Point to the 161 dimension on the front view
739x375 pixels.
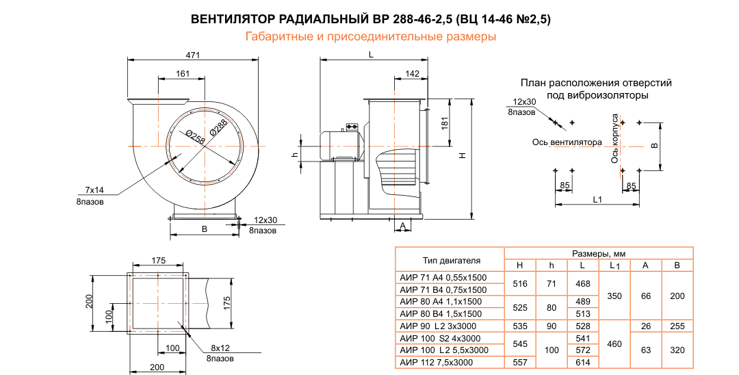(183, 73)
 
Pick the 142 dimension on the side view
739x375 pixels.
(412, 73)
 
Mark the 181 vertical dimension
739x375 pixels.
(445, 122)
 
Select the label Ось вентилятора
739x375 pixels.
(567, 142)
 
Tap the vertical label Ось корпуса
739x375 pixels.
(615, 138)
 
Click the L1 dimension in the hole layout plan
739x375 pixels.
(597, 200)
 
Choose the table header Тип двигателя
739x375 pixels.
(451, 260)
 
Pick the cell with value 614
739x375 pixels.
(583, 362)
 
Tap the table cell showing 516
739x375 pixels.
(519, 283)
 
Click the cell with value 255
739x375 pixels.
(677, 326)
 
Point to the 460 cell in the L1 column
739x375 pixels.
(614, 344)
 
